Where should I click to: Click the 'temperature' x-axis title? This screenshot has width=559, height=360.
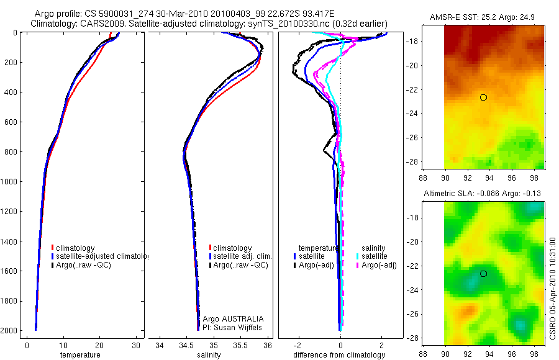(x=80, y=355)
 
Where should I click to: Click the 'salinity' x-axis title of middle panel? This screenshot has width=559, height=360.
(x=209, y=355)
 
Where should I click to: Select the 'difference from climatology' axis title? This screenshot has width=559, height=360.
(x=339, y=355)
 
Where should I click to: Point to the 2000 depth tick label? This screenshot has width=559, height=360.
(x=9, y=331)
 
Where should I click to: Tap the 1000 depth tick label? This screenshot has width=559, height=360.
(x=9, y=182)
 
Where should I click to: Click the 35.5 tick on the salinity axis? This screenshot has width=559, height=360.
(x=241, y=345)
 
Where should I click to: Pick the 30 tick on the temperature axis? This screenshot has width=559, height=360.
(x=135, y=345)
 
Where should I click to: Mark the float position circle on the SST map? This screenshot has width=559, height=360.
(x=483, y=97)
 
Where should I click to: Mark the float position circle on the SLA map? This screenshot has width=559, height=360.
(x=483, y=274)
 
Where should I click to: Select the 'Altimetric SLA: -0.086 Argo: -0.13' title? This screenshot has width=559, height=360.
(x=482, y=194)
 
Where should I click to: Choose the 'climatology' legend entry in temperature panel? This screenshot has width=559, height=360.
(x=78, y=248)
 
